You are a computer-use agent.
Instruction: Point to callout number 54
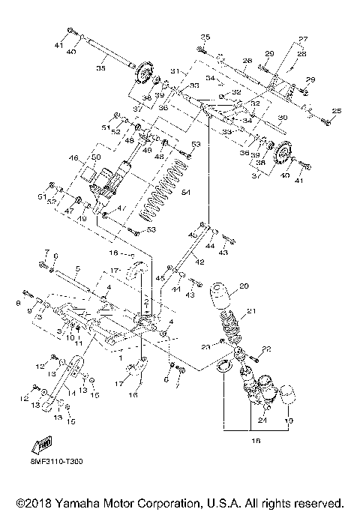186,193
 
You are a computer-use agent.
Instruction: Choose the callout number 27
303,39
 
